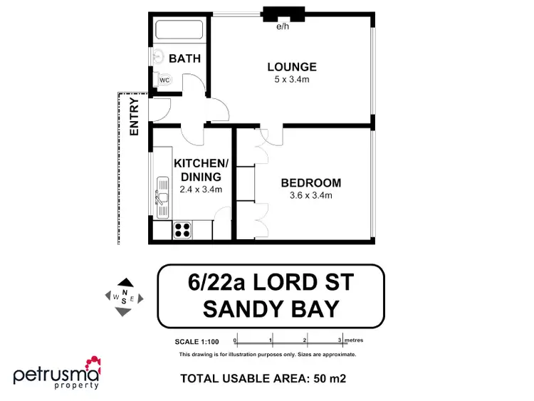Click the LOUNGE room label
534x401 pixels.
(292, 67)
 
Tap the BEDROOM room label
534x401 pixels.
(310, 183)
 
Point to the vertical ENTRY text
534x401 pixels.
(134, 117)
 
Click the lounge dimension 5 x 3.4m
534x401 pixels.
(292, 80)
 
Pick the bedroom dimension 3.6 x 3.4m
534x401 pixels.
(310, 195)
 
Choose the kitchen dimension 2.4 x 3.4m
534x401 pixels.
(201, 189)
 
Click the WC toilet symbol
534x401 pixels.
(164, 80)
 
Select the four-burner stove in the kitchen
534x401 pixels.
(182, 229)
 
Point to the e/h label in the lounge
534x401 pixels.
(283, 28)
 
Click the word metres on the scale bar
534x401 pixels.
(354, 339)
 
